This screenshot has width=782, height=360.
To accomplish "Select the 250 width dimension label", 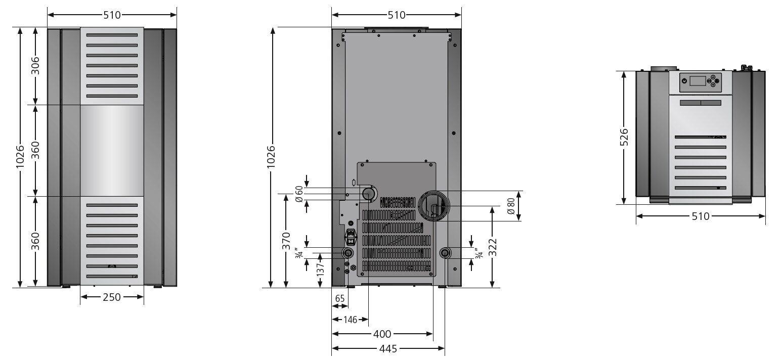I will (112, 297).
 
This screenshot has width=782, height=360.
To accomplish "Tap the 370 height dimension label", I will (286, 241).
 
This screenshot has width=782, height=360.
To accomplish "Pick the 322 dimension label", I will (493, 247).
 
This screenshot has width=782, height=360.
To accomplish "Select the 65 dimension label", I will (340, 299).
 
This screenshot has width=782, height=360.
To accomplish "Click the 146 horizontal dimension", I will (350, 320).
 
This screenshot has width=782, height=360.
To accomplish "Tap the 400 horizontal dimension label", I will (382, 334).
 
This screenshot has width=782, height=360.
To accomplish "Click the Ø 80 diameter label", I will (511, 206).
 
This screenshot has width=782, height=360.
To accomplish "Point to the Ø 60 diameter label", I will (299, 194).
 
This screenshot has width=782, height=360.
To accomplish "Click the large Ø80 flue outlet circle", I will (432, 206).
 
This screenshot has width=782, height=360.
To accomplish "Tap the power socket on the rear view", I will (350, 237).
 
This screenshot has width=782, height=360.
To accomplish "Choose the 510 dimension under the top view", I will (700, 216).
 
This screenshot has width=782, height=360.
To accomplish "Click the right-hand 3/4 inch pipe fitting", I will (445, 253).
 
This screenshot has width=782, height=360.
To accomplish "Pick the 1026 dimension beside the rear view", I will (271, 157).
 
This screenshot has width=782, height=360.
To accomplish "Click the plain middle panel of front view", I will (112, 151).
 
